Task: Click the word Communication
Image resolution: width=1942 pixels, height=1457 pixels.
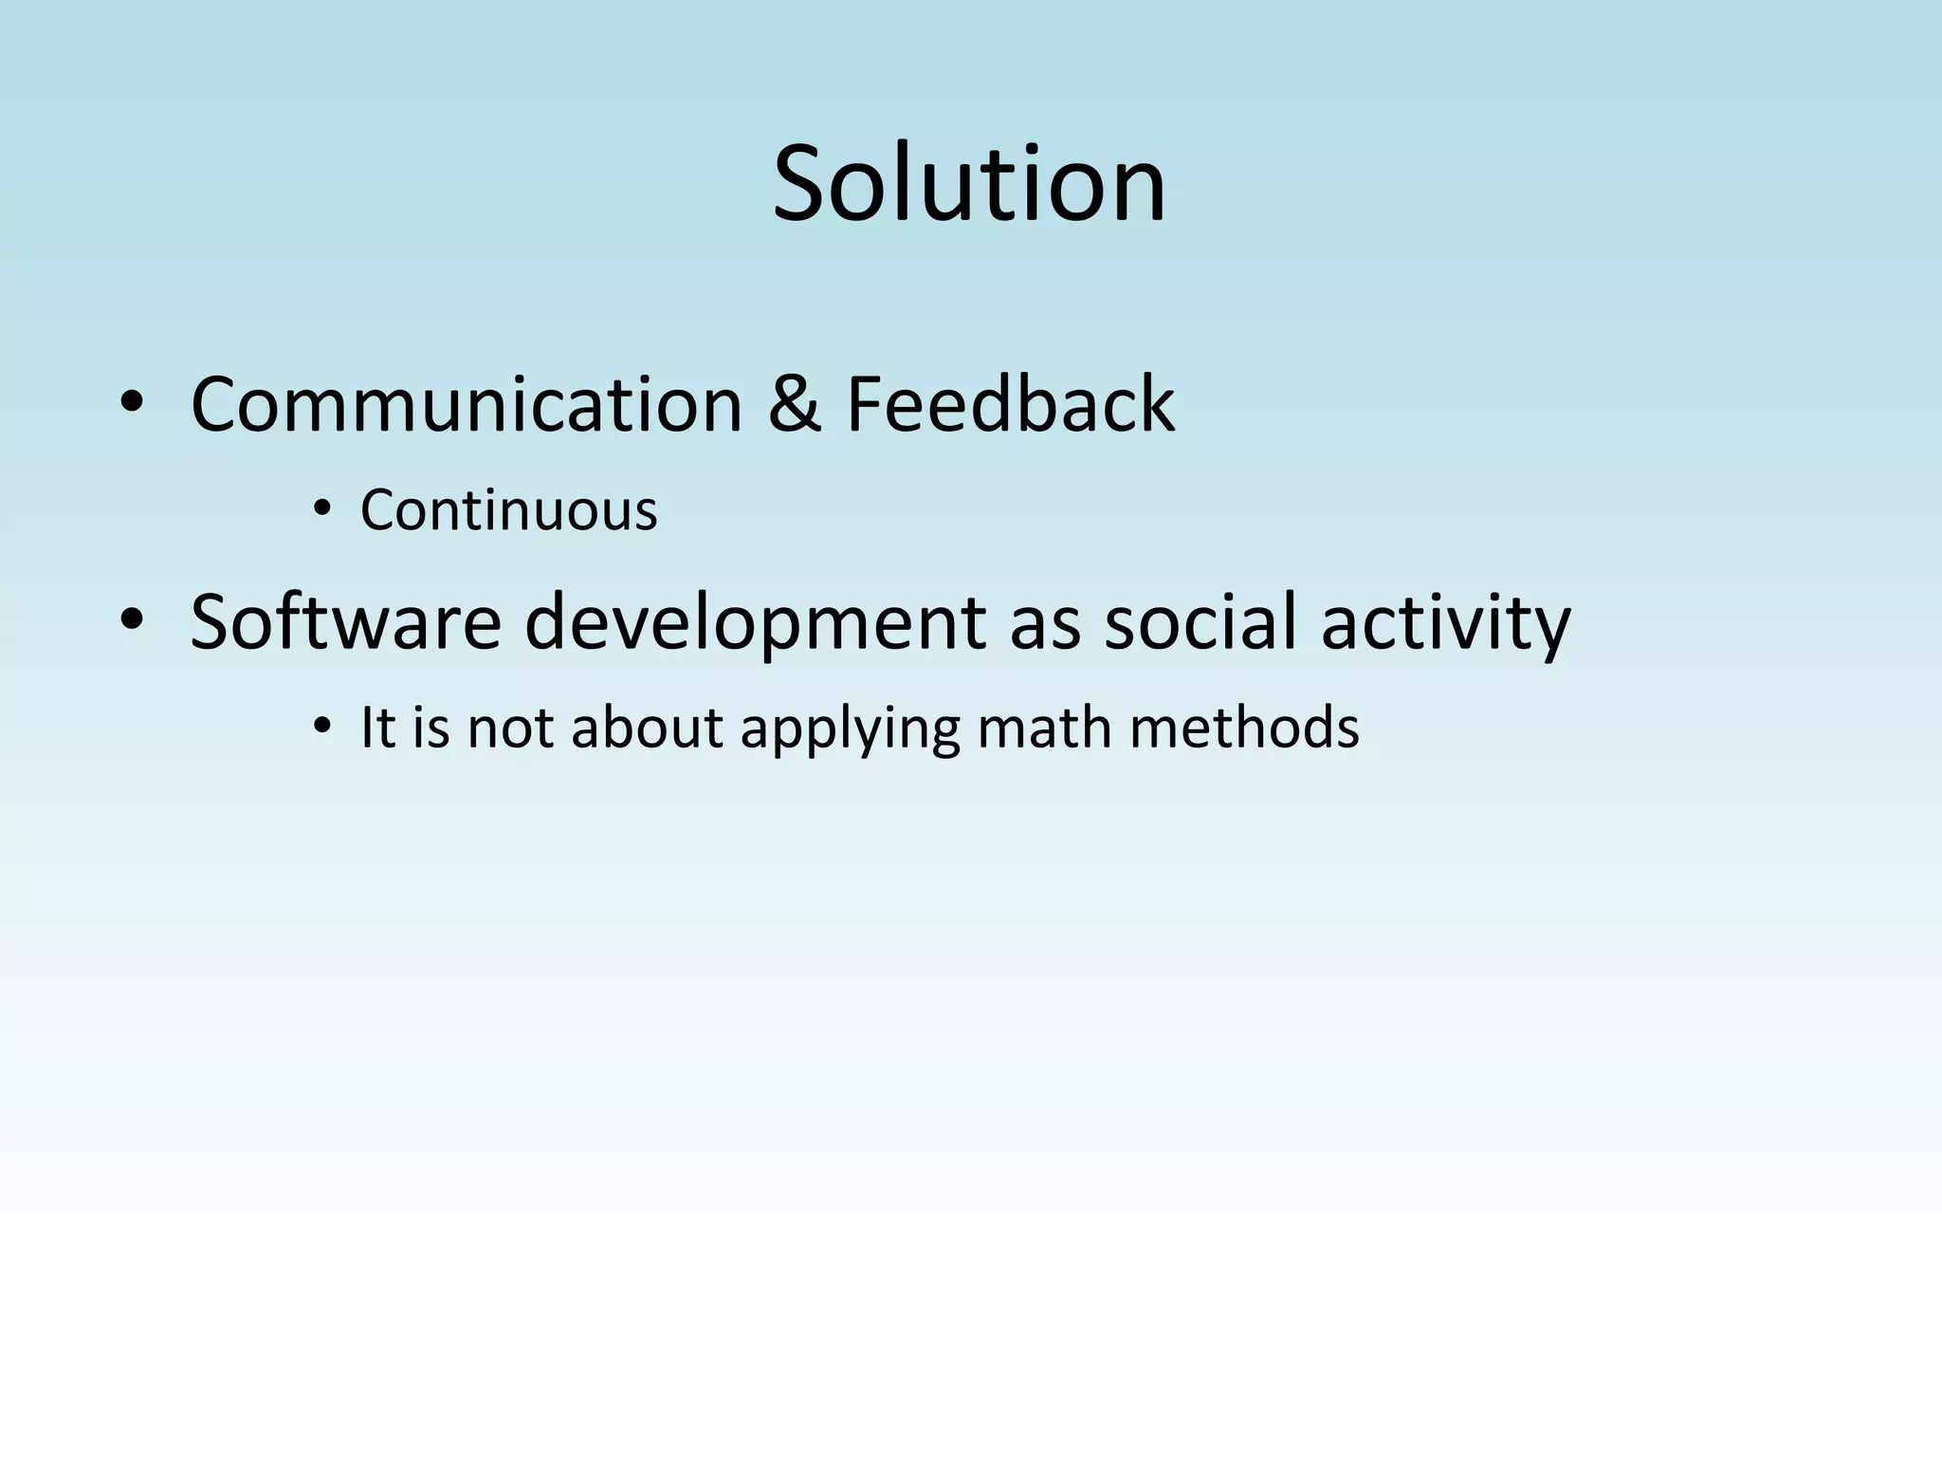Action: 466,405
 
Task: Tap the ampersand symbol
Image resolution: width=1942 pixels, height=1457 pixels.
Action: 794,405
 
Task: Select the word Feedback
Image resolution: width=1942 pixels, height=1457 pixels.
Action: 1010,405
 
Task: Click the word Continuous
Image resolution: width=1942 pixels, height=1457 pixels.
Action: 508,510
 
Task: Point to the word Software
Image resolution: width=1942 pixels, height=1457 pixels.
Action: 345,623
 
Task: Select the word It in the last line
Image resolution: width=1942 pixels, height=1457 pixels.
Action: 376,728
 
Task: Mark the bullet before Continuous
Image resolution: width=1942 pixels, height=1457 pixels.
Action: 322,510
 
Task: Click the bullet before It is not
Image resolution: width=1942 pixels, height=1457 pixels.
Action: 322,728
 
